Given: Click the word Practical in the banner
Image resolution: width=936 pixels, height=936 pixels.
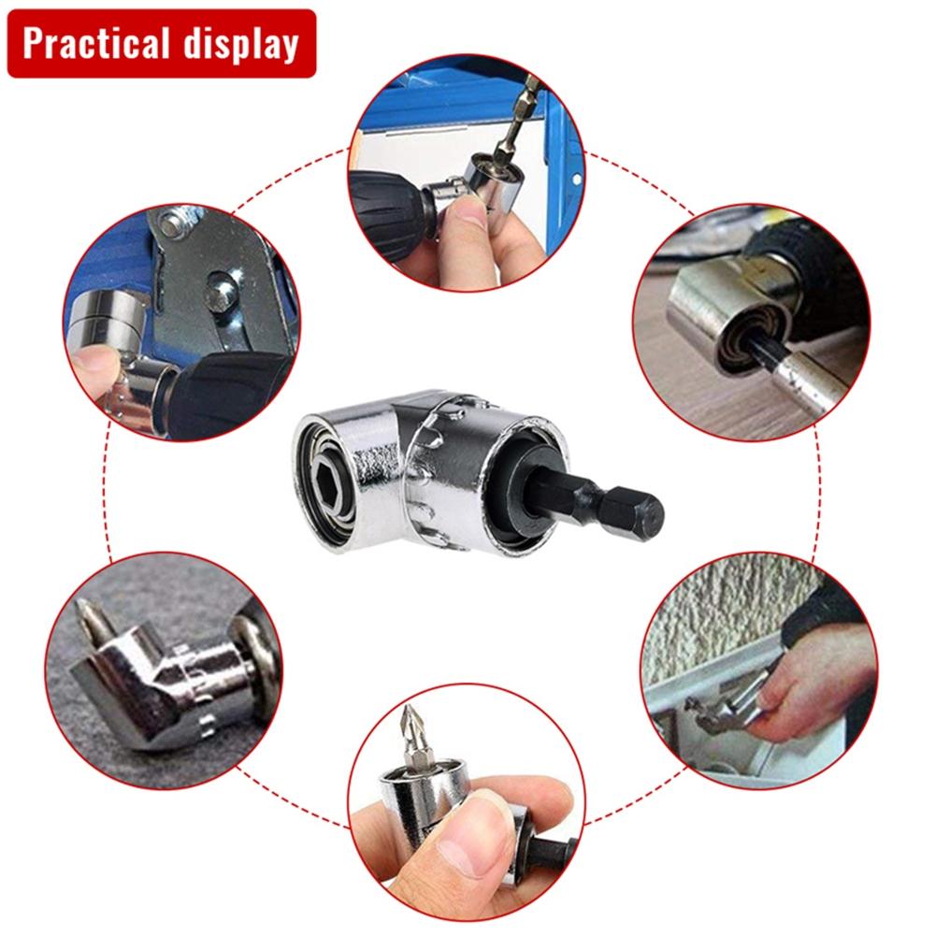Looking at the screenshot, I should (98, 44).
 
